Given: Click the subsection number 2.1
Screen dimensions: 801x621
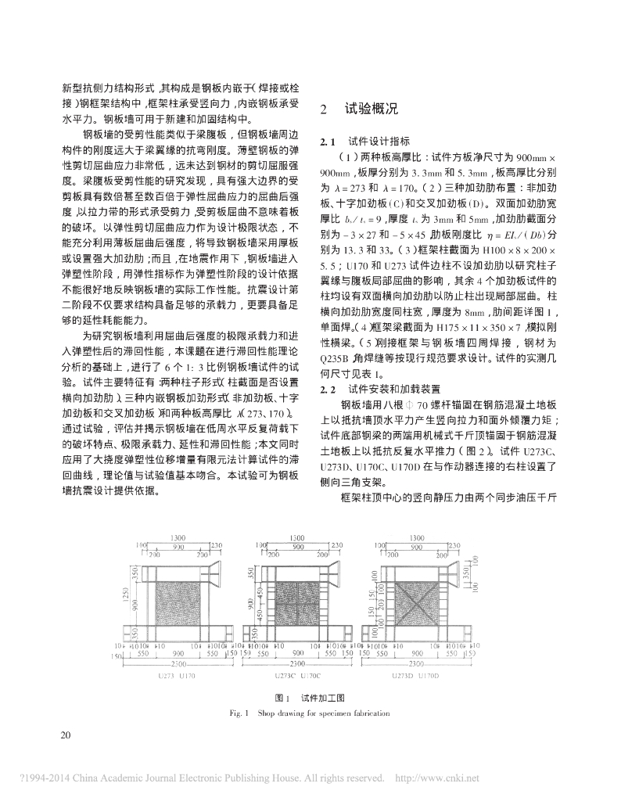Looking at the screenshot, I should [x=328, y=142].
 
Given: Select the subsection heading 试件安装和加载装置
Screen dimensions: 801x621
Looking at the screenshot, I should [x=396, y=388].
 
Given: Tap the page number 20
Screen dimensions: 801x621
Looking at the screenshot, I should [x=66, y=734].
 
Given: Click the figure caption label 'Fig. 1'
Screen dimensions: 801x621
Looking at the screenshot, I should [x=232, y=713].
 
